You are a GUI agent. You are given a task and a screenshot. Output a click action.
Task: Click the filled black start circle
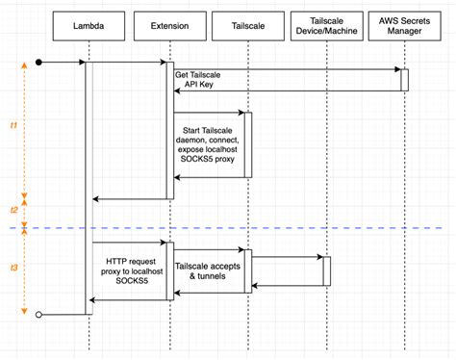pos(39,63)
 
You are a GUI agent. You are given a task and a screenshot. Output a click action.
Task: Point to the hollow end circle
pos(39,314)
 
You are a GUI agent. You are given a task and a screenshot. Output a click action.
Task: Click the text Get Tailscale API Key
pos(202,80)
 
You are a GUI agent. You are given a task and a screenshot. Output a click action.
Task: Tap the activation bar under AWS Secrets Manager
pos(405,80)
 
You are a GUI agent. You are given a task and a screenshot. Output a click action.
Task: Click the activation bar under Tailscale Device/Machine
pos(327,270)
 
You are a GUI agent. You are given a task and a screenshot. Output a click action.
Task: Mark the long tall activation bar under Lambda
pos(89,183)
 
